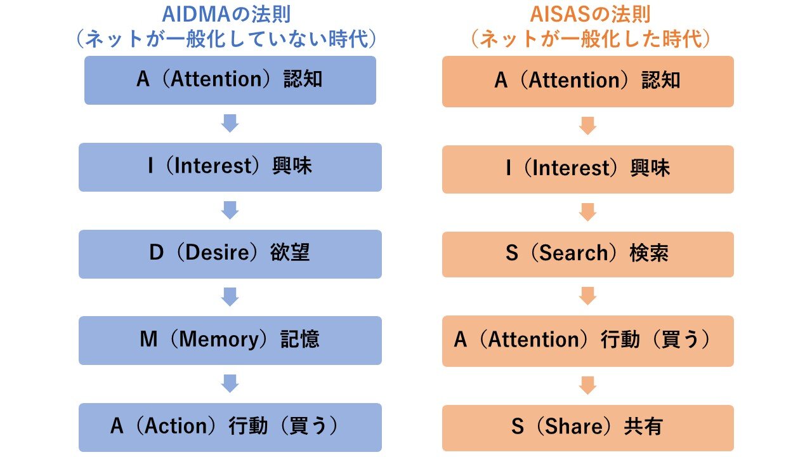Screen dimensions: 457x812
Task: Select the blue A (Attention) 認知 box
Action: tap(230, 80)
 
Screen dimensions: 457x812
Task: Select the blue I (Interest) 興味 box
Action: tap(230, 167)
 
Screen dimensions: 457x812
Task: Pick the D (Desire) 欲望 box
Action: tap(230, 254)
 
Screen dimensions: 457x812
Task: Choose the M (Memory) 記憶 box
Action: tap(230, 340)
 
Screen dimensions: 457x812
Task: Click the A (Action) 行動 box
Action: tap(230, 427)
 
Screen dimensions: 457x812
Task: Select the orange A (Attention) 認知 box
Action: tap(587, 81)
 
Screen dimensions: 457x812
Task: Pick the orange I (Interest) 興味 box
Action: tap(587, 169)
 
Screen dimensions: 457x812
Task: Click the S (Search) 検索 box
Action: tap(587, 255)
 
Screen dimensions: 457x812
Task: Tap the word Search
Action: tap(573, 255)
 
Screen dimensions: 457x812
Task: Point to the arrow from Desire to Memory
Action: tap(230, 297)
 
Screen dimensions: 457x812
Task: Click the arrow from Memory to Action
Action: tap(230, 383)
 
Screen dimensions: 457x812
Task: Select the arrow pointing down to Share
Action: tap(587, 385)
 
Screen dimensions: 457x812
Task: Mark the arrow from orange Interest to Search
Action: tap(587, 212)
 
